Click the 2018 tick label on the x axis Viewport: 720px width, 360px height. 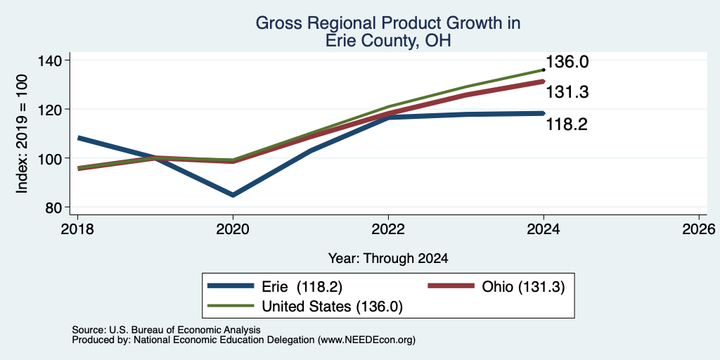click(77, 229)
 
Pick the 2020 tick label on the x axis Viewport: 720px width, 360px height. click(233, 229)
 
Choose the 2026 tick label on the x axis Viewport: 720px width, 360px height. click(699, 229)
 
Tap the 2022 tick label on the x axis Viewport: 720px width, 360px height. click(388, 229)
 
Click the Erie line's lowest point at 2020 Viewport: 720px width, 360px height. click(233, 195)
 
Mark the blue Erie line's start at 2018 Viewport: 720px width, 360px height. click(79, 138)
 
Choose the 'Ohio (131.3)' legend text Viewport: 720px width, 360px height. click(523, 287)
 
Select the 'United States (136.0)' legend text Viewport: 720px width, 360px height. click(332, 307)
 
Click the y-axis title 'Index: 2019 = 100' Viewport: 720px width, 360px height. click(22, 134)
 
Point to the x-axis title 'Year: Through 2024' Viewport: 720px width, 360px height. click(388, 259)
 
